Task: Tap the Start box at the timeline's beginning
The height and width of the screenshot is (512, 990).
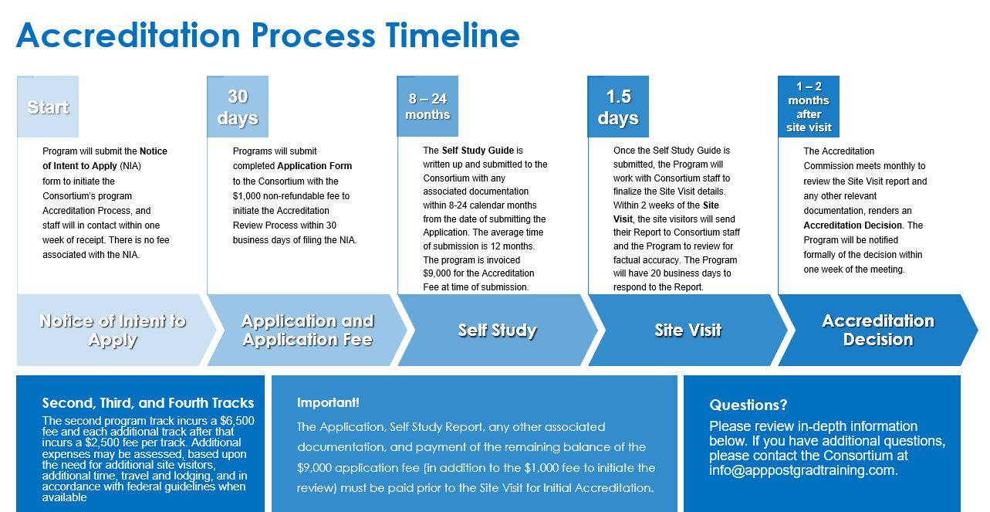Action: [x=48, y=107]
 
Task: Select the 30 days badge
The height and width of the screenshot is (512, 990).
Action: [x=238, y=107]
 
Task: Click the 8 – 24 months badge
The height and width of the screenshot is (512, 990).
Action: [x=427, y=107]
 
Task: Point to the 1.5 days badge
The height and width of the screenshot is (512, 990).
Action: [x=618, y=107]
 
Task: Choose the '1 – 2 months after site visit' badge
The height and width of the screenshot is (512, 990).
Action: [x=808, y=107]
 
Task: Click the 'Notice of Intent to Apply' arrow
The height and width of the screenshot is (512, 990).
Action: [x=113, y=331]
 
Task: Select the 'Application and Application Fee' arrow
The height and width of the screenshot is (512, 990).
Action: [x=307, y=331]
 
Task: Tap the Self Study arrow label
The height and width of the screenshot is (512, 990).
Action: [x=497, y=331]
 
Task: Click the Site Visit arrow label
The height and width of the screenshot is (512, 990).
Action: [x=688, y=331]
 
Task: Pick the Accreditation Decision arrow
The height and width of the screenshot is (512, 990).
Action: [x=877, y=331]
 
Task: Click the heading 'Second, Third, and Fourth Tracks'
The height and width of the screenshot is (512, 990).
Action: [x=148, y=402]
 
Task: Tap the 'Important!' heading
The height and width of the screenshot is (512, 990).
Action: [x=328, y=402]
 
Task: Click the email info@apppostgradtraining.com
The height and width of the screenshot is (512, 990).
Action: [x=803, y=470]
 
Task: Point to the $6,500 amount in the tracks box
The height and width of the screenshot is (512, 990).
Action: [x=236, y=421]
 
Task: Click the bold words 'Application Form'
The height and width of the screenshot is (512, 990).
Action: [x=314, y=166]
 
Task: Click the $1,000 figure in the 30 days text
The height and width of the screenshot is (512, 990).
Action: [x=249, y=196]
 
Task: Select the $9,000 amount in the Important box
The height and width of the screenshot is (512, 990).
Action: [x=316, y=468]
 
